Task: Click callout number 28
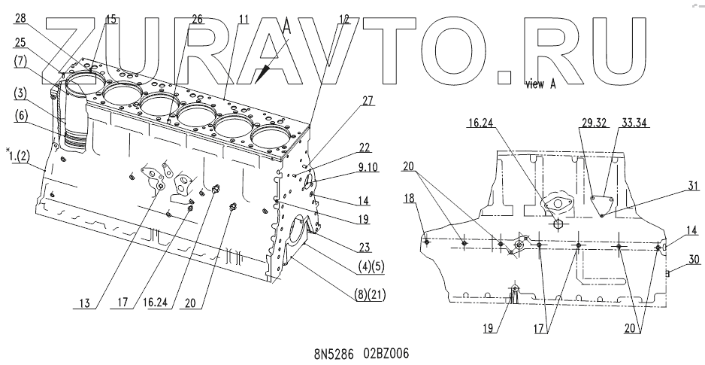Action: point(20,18)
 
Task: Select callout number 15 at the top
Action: point(111,19)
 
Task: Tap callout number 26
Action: point(198,19)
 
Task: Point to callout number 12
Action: point(345,19)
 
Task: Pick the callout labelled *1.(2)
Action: point(17,156)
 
